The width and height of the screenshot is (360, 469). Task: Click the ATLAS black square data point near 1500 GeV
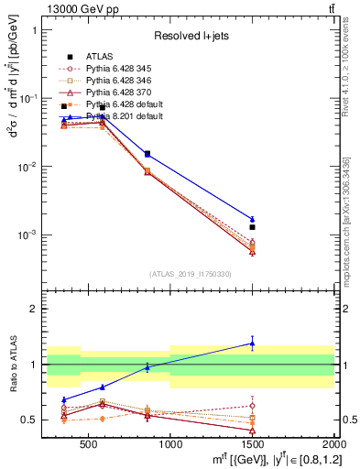252,226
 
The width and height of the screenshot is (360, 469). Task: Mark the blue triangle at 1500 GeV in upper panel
252,219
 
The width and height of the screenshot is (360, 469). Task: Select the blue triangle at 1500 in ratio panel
252,344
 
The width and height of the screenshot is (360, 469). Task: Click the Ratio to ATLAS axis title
13,364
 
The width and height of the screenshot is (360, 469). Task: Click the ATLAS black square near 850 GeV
147,154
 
